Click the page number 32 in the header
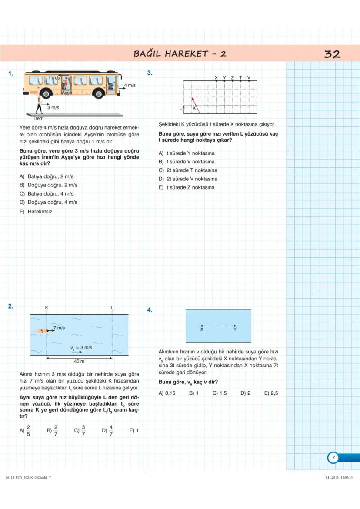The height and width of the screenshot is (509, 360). (x=332, y=54)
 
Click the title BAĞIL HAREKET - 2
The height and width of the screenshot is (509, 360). (x=180, y=54)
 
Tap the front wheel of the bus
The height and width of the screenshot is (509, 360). (x=99, y=93)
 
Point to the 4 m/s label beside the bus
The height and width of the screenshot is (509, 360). (x=130, y=85)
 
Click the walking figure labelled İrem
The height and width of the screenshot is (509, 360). (x=39, y=105)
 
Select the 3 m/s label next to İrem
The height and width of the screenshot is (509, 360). (x=53, y=107)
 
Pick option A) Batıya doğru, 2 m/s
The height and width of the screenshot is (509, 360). (x=47, y=176)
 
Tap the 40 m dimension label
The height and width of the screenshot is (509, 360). (x=79, y=361)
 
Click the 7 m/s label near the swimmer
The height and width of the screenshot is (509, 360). (x=59, y=328)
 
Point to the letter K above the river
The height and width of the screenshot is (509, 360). (x=47, y=308)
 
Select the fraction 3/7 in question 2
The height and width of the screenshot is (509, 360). (x=83, y=431)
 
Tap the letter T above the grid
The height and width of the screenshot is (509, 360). (x=240, y=77)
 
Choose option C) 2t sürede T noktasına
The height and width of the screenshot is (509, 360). (x=188, y=170)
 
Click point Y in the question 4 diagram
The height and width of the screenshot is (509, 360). (x=235, y=326)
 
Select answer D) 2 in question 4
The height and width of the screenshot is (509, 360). (x=245, y=393)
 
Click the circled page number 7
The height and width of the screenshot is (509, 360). (x=333, y=458)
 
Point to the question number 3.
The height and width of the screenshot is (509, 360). (x=150, y=73)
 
